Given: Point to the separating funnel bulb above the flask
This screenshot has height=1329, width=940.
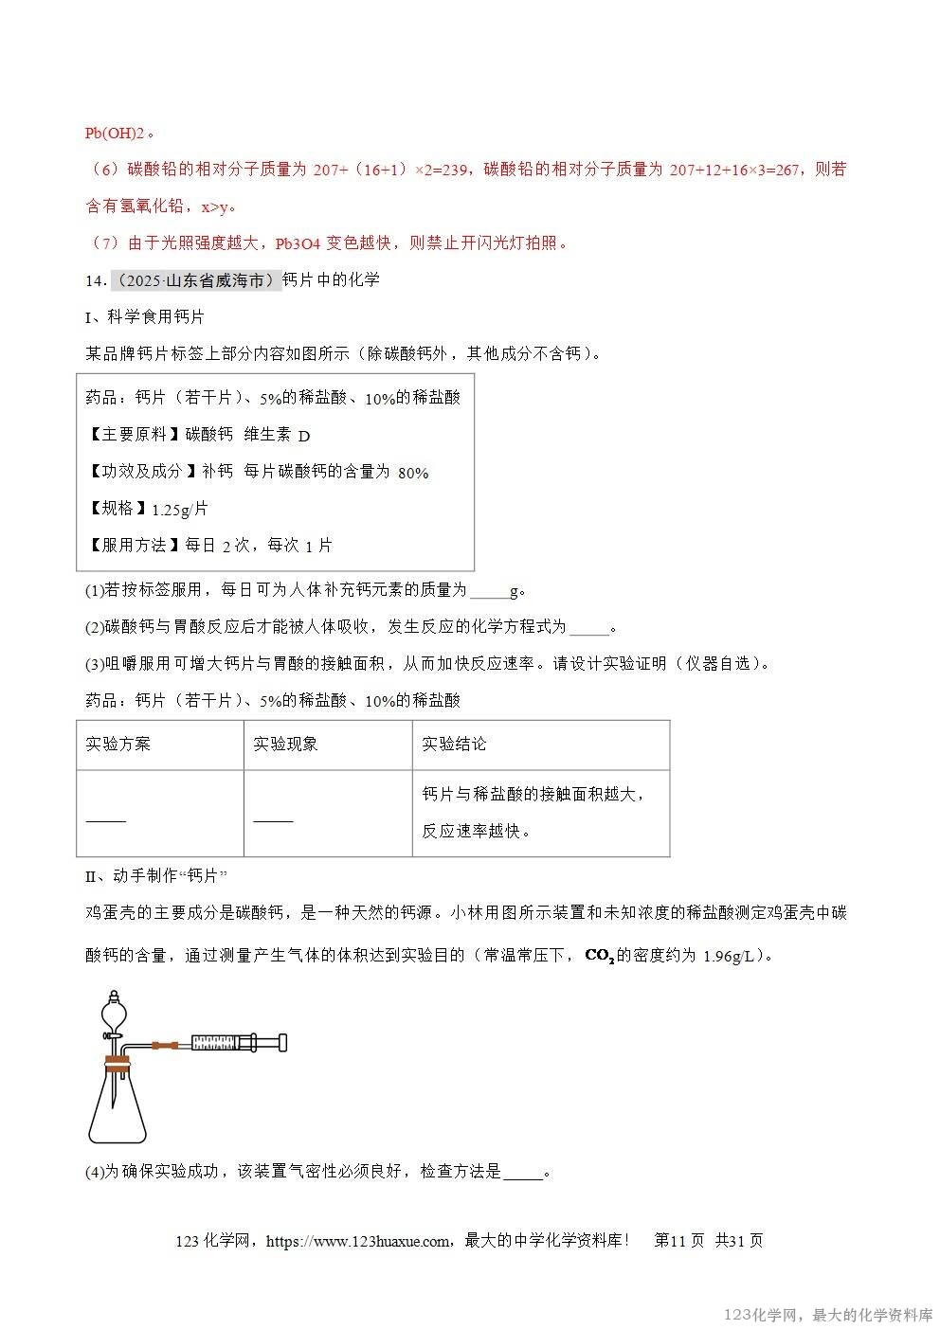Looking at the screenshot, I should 115,1011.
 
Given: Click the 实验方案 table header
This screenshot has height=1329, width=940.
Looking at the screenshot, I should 117,744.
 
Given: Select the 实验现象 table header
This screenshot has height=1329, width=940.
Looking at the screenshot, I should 285,744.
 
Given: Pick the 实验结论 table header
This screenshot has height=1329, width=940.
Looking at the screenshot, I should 454,744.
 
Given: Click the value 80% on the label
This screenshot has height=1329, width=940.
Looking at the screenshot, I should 413,473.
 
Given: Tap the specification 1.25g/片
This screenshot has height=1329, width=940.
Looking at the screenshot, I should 179,510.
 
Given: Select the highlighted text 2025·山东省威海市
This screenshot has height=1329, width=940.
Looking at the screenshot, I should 197,281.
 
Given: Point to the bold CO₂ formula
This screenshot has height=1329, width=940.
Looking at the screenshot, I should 599,955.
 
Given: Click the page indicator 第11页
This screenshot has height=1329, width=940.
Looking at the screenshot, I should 678,1241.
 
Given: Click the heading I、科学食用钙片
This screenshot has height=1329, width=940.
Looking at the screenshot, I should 144,316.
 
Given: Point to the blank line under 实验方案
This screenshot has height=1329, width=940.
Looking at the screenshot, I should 105,820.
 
